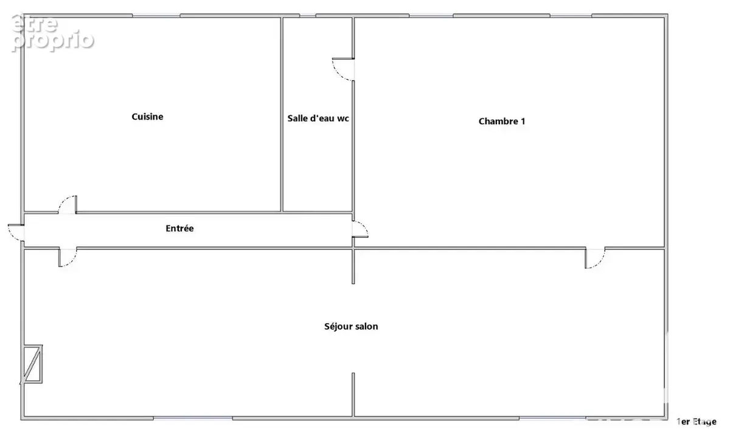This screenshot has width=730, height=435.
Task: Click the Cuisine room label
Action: (x=147, y=117)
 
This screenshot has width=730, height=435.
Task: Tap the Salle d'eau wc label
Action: (x=318, y=118)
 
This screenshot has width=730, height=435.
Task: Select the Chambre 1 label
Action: (x=502, y=121)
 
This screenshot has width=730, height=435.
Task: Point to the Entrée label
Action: (x=179, y=228)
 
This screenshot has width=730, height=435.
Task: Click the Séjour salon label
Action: (x=351, y=326)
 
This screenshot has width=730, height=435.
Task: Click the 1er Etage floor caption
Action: (x=697, y=422)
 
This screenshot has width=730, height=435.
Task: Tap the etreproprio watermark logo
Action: (x=52, y=33)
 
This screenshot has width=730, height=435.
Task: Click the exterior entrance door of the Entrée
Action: (x=16, y=232)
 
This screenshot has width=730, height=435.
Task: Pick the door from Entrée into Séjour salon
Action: (x=68, y=257)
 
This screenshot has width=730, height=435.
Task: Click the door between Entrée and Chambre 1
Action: (x=360, y=229)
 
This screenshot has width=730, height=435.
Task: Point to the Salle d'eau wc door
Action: (x=344, y=69)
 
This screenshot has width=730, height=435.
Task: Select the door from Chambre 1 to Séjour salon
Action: (x=595, y=258)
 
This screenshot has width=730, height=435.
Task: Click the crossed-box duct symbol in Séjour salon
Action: (x=32, y=364)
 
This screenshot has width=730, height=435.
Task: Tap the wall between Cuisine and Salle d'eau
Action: (x=282, y=114)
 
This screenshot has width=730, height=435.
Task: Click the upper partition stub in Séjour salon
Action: (x=353, y=266)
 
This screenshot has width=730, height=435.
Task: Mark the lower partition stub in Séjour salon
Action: (x=353, y=395)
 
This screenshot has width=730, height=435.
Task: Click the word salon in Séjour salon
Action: (x=366, y=326)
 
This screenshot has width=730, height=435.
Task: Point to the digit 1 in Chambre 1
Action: (x=523, y=121)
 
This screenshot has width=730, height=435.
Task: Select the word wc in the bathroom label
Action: (x=343, y=119)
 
